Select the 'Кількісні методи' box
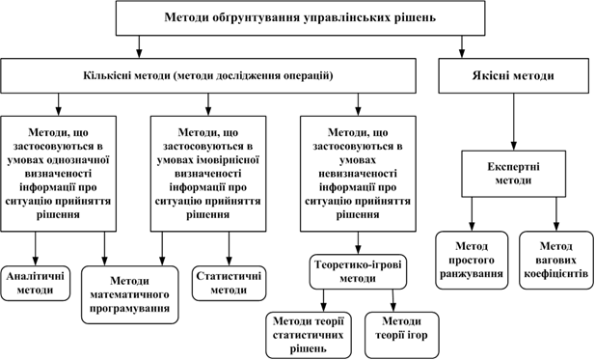211,74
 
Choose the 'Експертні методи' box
511,174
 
